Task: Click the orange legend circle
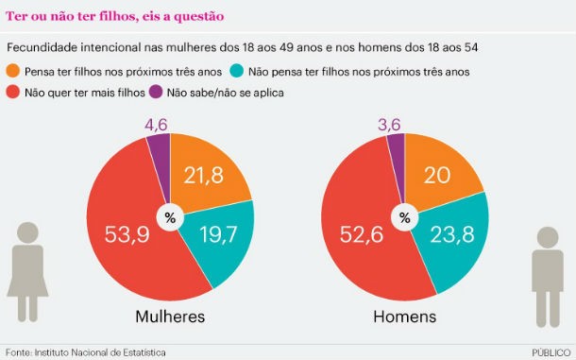[x=13, y=71]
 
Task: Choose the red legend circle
[x=13, y=93]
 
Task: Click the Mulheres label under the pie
[x=170, y=317]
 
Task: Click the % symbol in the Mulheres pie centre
[x=170, y=217]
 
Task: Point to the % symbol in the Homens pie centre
[x=404, y=217]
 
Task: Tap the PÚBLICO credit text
[x=550, y=351]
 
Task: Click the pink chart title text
[x=116, y=16]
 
